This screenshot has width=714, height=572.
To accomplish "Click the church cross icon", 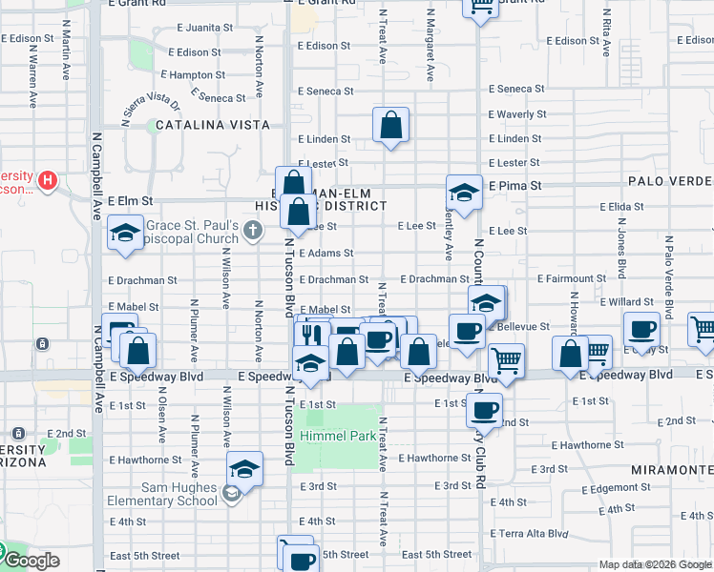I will [x=252, y=229].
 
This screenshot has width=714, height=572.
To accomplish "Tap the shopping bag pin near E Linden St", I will [x=391, y=125].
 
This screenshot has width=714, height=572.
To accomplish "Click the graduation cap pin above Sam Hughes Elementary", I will [x=244, y=469].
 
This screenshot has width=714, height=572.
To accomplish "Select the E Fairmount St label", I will [x=571, y=279].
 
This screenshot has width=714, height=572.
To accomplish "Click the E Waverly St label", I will [x=516, y=114].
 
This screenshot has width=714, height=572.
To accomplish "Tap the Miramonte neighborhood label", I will [x=671, y=471].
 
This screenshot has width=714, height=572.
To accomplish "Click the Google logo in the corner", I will [x=31, y=561].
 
